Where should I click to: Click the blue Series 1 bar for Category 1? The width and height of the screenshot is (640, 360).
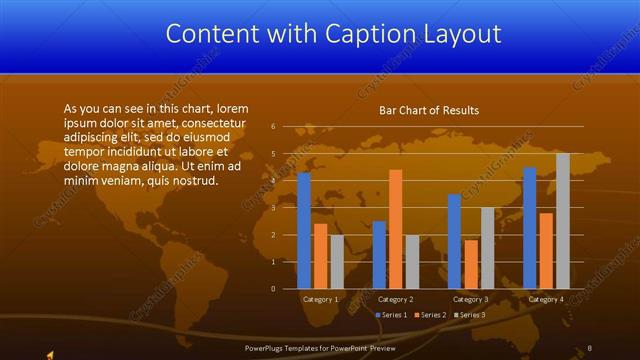(304, 231)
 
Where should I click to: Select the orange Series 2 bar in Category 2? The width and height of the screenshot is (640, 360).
(396, 229)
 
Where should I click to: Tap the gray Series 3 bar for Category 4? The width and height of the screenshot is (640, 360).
(563, 221)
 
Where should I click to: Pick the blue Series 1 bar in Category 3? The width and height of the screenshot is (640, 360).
(454, 241)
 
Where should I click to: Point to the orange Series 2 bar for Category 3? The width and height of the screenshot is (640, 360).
(471, 264)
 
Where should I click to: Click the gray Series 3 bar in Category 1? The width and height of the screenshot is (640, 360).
(337, 262)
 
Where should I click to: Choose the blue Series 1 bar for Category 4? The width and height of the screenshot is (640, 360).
(530, 228)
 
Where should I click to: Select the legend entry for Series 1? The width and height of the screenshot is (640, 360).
(391, 315)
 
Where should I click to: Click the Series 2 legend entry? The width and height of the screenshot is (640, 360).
(431, 315)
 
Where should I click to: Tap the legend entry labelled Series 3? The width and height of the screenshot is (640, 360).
(470, 315)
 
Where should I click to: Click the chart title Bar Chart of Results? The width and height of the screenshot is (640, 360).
(428, 110)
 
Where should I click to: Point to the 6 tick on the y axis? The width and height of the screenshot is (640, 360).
(273, 127)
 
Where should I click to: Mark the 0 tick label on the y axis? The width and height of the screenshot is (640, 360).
(273, 289)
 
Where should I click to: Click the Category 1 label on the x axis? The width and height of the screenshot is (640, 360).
(321, 299)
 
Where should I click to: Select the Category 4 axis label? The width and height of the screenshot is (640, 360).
(546, 299)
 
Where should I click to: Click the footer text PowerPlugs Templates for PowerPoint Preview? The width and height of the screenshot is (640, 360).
(320, 347)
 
